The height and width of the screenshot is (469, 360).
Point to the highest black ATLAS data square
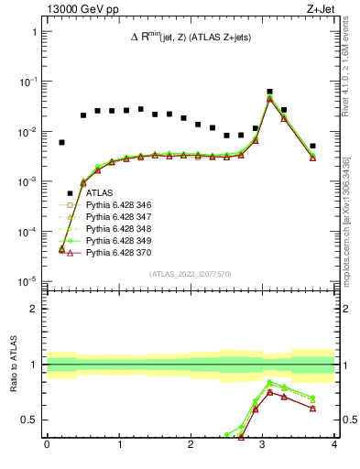269,93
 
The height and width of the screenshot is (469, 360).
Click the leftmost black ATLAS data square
62,143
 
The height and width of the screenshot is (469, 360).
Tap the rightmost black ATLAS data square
312,146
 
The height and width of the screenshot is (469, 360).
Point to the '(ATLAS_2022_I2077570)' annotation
190,273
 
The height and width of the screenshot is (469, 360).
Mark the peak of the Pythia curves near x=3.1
269,98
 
